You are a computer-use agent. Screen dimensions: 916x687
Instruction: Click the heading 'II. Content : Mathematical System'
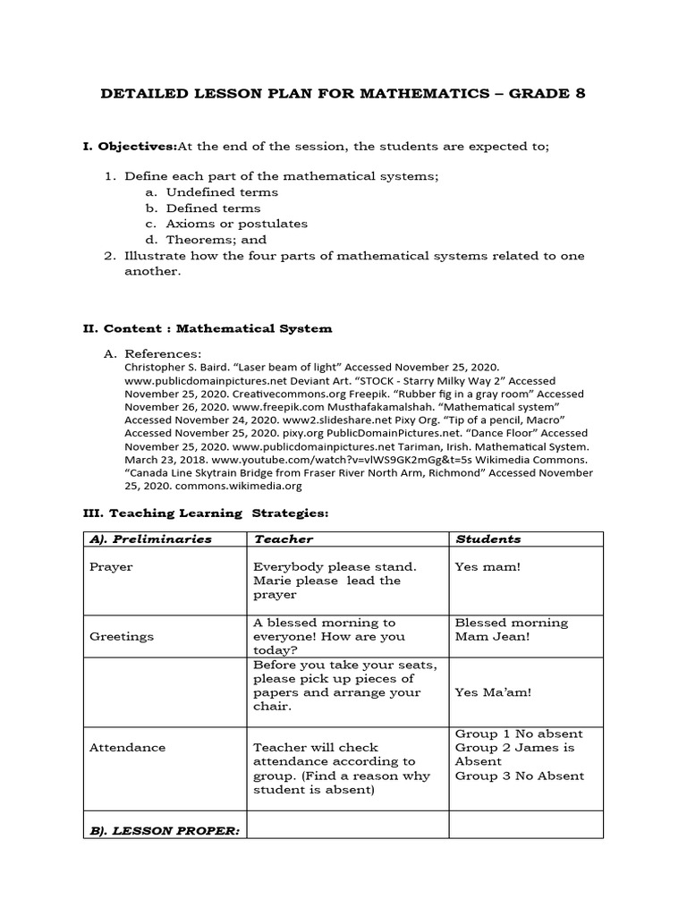click(x=208, y=328)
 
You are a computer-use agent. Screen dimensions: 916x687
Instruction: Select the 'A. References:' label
click(x=163, y=354)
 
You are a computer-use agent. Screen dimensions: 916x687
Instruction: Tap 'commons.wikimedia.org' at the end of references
click(x=232, y=487)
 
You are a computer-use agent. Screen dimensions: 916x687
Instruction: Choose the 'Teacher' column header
click(x=284, y=539)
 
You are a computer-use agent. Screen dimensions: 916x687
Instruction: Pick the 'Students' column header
click(x=488, y=539)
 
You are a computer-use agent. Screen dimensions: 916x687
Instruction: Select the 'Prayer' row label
click(x=111, y=567)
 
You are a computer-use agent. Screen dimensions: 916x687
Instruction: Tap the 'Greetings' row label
click(x=122, y=637)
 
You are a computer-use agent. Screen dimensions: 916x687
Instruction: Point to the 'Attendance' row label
click(x=127, y=748)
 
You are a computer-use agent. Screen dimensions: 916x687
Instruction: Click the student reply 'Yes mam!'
click(x=488, y=567)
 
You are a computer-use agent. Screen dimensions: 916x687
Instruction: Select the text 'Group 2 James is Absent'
click(x=514, y=754)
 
